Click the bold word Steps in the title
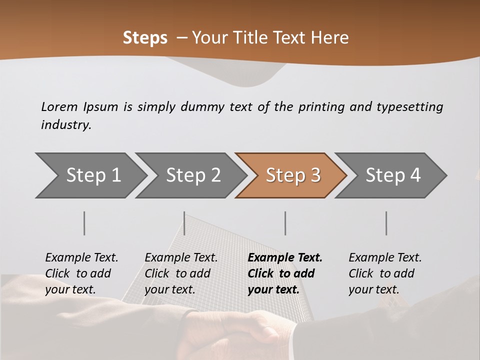[x=145, y=37]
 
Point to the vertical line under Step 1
[x=84, y=223]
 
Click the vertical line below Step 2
[x=184, y=223]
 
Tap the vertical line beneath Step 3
[x=285, y=223]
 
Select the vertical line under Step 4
[x=386, y=223]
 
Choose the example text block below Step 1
[x=81, y=273]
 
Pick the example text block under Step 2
[x=180, y=273]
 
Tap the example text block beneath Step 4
[x=384, y=273]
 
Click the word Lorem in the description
[x=59, y=106]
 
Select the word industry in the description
[x=65, y=125]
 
